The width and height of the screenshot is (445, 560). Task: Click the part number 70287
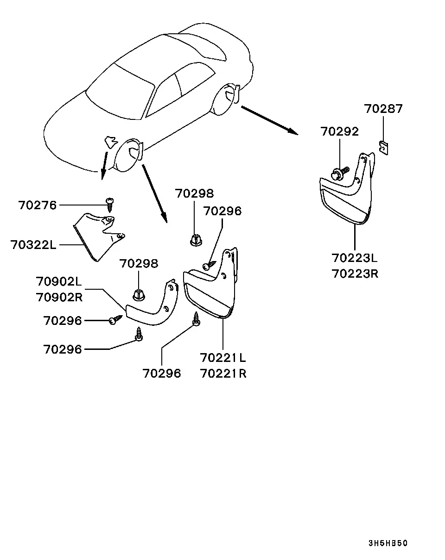pos(383,109)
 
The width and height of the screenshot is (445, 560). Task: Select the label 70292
pos(339,131)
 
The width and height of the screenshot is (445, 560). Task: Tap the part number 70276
pos(37,205)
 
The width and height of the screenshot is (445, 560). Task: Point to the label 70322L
pos(33,245)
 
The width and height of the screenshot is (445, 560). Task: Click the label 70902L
pos(59,281)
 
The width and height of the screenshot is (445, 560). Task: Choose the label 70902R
pos(59,297)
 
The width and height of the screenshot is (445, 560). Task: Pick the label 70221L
pos(223,358)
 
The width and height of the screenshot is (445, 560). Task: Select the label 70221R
pos(223,373)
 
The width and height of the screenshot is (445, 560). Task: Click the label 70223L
pos(355,258)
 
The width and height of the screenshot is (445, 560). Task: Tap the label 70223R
pos(355,274)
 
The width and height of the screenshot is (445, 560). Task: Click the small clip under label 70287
pos(383,148)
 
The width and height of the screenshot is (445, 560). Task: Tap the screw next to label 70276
pos(110,205)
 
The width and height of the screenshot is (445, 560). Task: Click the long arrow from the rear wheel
pos(270,120)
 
